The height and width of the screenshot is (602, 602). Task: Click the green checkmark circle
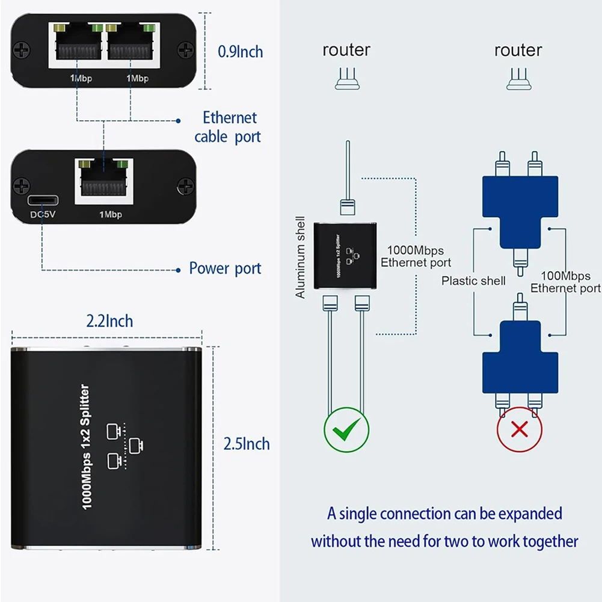346,429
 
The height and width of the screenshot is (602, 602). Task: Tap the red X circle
519,430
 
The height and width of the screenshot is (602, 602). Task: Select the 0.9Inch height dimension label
240,52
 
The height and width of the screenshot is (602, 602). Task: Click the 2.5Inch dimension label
247,444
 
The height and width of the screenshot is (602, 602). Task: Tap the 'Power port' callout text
225,268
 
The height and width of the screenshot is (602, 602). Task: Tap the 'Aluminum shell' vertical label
301,257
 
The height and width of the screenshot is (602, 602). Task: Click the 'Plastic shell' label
473,281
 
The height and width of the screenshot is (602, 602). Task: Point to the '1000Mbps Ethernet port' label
415,256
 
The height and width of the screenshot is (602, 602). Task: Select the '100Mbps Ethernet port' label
565,282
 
